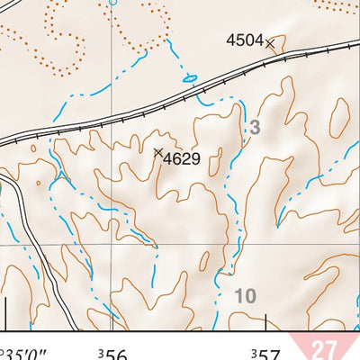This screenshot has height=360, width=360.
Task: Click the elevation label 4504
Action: click(244, 40)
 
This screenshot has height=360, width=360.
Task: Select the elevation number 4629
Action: click(181, 160)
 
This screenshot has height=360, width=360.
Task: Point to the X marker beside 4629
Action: click(158, 153)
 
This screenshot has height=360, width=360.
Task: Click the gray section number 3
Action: click(255, 129)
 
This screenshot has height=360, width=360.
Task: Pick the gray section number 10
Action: click(244, 295)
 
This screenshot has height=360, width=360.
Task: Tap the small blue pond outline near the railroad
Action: click(190, 78)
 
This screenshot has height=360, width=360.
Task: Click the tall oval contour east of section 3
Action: click(340, 117)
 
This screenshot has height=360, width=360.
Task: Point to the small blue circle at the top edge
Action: click(112, 3)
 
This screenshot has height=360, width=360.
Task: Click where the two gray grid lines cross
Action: click(112, 243)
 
